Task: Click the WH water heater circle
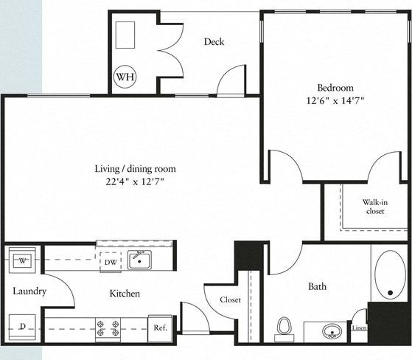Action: click(x=124, y=75)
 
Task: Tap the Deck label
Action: click(x=214, y=42)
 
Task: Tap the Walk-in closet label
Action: click(x=375, y=206)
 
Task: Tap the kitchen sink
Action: click(x=139, y=260)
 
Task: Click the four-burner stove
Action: click(x=107, y=327)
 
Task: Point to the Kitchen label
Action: click(x=125, y=294)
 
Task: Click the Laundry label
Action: click(x=29, y=291)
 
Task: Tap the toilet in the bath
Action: click(x=284, y=327)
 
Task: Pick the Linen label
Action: click(x=359, y=328)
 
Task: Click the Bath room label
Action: click(x=317, y=287)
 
